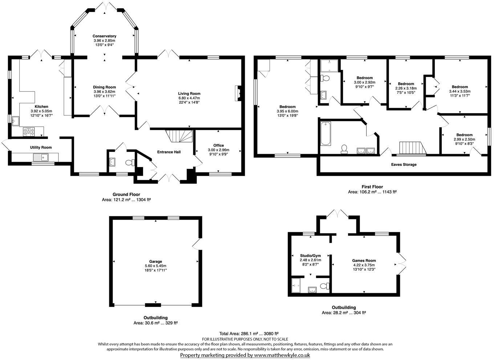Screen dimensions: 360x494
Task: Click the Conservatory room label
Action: pos(104,36)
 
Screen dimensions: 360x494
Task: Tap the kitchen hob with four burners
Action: pos(29,132)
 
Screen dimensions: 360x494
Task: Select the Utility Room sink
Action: pos(40,157)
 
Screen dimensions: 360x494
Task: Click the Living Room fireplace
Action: pos(238,93)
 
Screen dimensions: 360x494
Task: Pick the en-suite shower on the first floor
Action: pos(329,65)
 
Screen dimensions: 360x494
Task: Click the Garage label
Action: pos(155,261)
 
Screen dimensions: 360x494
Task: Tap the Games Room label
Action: pos(364,260)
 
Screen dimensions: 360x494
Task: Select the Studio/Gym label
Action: pos(310,255)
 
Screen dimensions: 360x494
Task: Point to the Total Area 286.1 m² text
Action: pos(249,334)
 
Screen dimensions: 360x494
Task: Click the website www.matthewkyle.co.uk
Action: pos(282,355)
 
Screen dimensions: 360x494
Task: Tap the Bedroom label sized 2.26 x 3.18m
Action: pos(406,84)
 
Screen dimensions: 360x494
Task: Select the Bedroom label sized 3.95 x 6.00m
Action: pos(287,107)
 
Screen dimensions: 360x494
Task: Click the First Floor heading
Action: pos(372,187)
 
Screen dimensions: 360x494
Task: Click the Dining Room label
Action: pos(104,87)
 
